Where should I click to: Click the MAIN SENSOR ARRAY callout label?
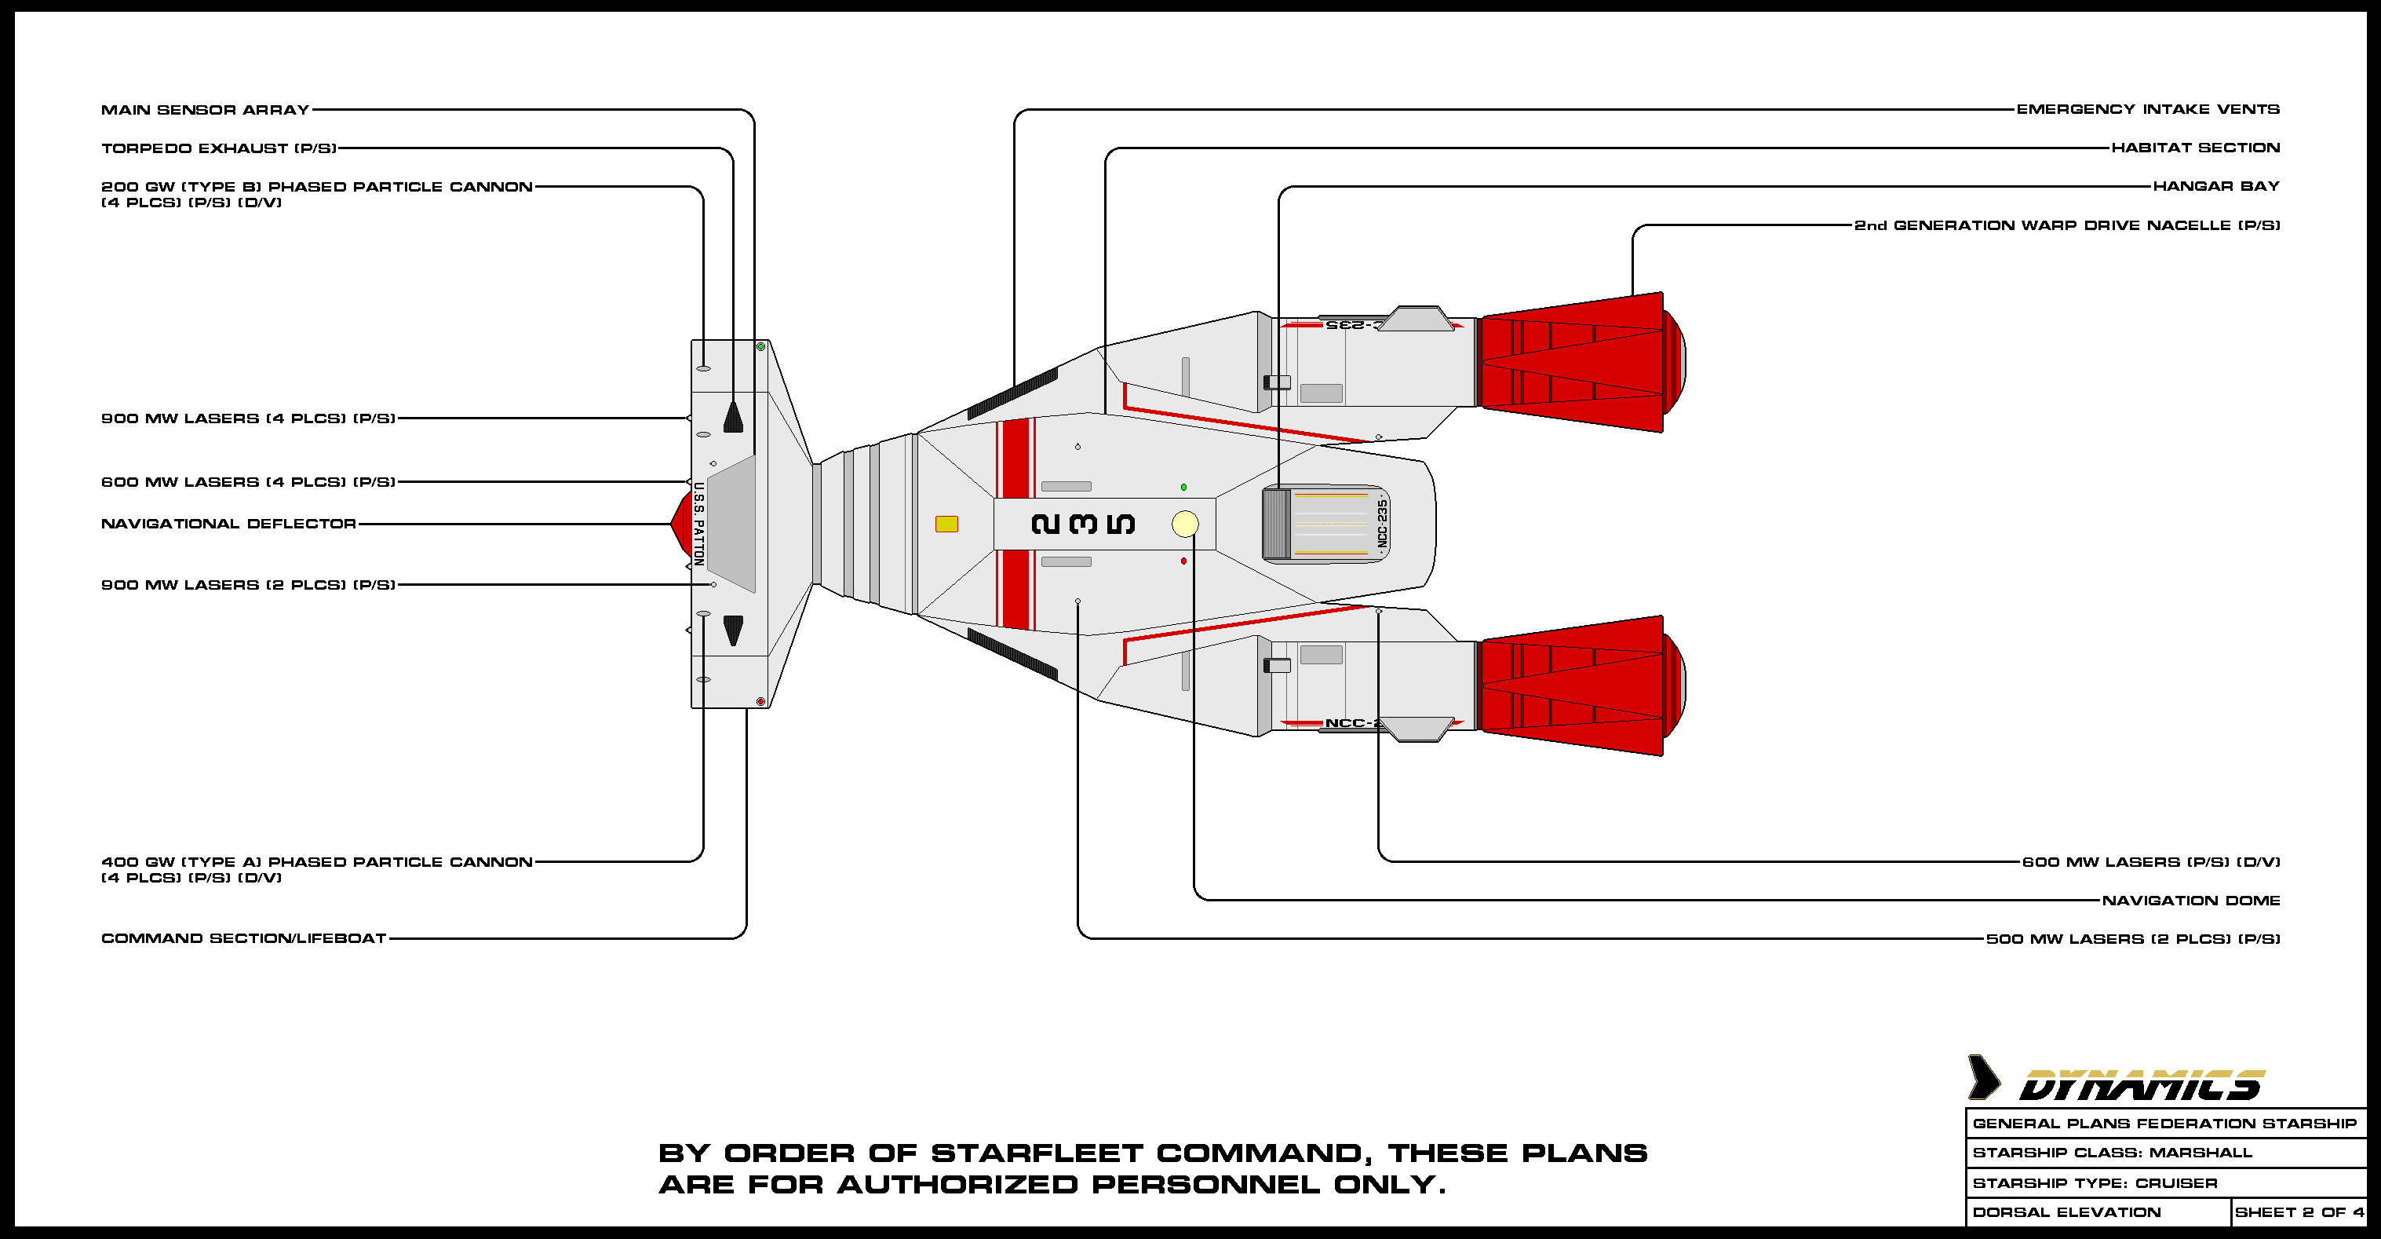[x=204, y=110]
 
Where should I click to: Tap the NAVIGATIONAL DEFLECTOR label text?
[x=228, y=524]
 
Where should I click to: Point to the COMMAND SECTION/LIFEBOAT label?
[x=243, y=938]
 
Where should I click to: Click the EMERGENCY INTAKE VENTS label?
[x=2147, y=109]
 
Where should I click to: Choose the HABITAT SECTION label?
[x=2195, y=148]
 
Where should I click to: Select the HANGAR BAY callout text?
[x=2215, y=187]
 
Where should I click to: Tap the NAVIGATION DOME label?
[x=2190, y=901]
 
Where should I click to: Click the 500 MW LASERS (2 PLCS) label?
[x=2132, y=939]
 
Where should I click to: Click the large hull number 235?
[x=1082, y=524]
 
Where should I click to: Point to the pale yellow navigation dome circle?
[x=1185, y=524]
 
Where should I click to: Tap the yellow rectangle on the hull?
[x=946, y=524]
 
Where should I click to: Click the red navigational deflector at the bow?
[x=681, y=524]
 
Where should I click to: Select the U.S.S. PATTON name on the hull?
[x=698, y=524]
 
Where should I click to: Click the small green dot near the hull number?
[x=1184, y=488]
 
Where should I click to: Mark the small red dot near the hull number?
[x=1184, y=561]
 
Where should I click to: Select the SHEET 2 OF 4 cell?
[x=2299, y=1212]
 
